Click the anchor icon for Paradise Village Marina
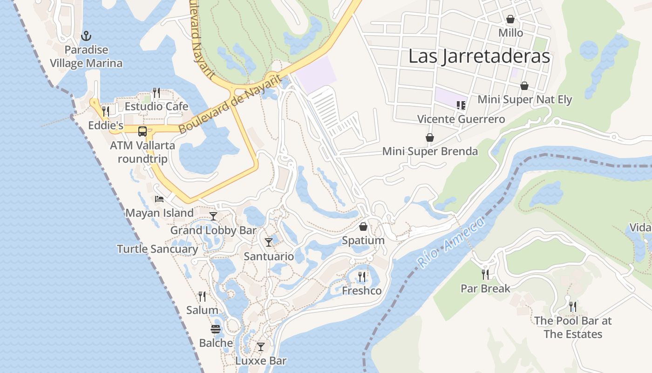[86, 36]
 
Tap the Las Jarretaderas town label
[479, 56]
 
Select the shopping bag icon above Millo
[510, 20]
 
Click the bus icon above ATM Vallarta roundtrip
[143, 131]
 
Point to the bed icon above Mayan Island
[159, 199]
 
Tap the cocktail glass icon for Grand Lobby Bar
[213, 216]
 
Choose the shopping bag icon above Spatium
[363, 227]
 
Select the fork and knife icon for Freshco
[361, 277]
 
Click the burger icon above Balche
[216, 329]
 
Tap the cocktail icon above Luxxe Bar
[261, 347]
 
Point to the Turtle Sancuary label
[157, 249]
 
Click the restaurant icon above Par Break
[485, 274]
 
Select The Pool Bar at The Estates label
[573, 327]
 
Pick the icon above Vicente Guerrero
[461, 105]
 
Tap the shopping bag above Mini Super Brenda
[430, 138]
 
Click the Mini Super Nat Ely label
[525, 100]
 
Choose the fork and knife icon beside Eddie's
[106, 111]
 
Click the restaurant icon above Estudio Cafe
[156, 93]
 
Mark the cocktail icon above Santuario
[269, 242]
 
